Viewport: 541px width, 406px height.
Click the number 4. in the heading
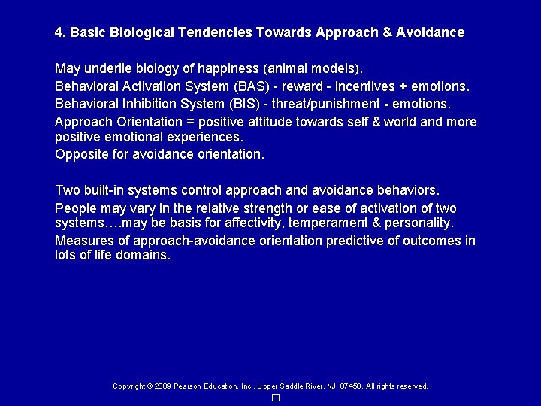click(60, 33)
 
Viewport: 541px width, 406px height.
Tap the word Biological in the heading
click(143, 33)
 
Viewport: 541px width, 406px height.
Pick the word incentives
click(358, 85)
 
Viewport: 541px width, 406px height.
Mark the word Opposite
click(80, 154)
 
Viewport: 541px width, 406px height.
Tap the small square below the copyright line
click(276, 398)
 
